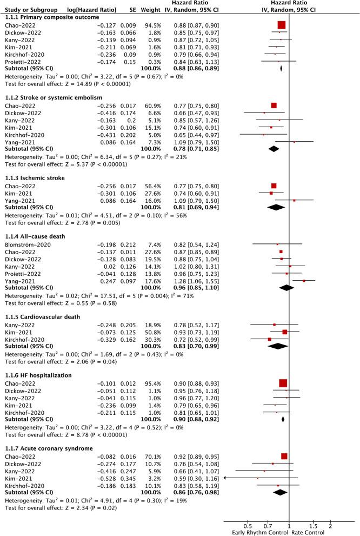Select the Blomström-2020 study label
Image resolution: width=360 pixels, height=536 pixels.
23,244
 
